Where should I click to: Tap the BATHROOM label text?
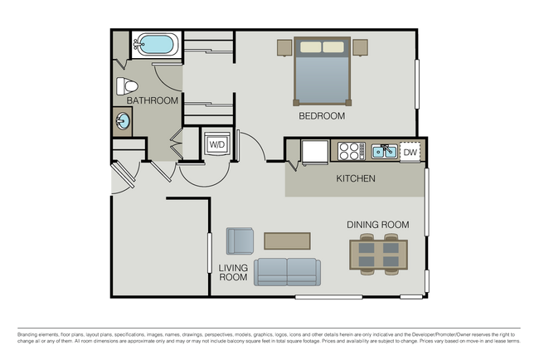pos(153,101)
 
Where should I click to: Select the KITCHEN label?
pos(355,179)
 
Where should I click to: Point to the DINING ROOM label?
pos(378,225)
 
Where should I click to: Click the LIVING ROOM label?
pos(233,273)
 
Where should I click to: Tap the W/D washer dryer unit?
pos(216,144)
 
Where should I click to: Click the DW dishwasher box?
pos(410,152)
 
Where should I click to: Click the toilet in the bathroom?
pos(127,85)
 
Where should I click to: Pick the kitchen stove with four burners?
pos(349,151)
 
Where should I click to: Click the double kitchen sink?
pos(382,151)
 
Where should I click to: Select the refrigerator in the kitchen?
pos(314,153)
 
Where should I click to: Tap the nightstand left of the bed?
pos(284,46)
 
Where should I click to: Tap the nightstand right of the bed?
pos(360,46)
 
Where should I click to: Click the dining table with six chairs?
pos(378,255)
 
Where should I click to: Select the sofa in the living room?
pos(287,271)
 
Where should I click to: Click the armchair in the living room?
pos(240,241)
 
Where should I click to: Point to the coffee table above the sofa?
pos(287,241)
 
